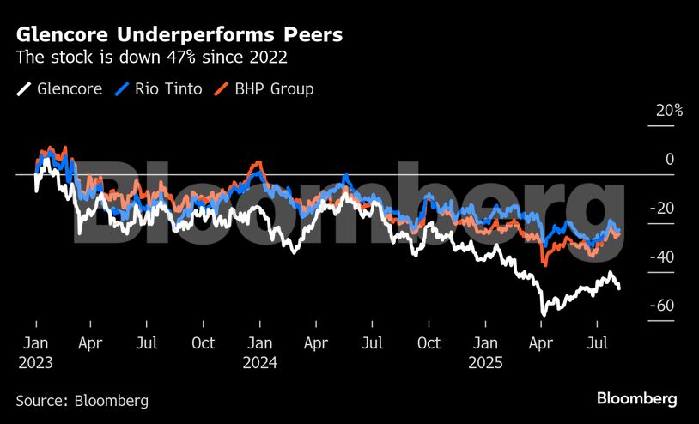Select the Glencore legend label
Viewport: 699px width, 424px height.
[x=70, y=89]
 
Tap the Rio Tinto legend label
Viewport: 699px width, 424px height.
[x=168, y=89]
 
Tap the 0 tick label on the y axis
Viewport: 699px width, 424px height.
[x=670, y=160]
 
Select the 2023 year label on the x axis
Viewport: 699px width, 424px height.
[x=36, y=362]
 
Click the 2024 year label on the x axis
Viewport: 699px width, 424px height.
[x=259, y=362]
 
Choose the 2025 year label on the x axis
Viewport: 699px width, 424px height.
[x=485, y=362]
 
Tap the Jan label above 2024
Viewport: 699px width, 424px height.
[x=259, y=343]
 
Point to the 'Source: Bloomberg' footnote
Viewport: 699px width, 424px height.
[x=82, y=400]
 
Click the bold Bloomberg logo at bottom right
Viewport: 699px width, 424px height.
[x=636, y=399]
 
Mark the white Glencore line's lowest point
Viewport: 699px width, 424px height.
[x=543, y=313]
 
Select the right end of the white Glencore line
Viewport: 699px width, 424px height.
[x=620, y=288]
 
